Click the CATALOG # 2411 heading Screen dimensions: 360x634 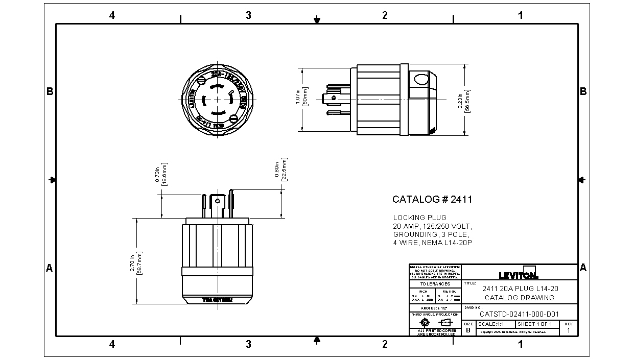pos(432,200)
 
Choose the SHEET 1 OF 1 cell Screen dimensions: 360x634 pos(535,324)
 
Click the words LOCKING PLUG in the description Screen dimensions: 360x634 pos(419,218)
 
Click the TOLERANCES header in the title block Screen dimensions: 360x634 pos(435,284)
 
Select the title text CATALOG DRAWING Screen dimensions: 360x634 pos(519,298)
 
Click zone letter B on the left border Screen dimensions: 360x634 pos(50,91)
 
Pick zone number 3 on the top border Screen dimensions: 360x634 pos(248,15)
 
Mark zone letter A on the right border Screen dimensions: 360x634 pos(583,268)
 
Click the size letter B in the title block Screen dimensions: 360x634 pos(468,330)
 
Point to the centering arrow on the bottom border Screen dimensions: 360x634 pos(317,340)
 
